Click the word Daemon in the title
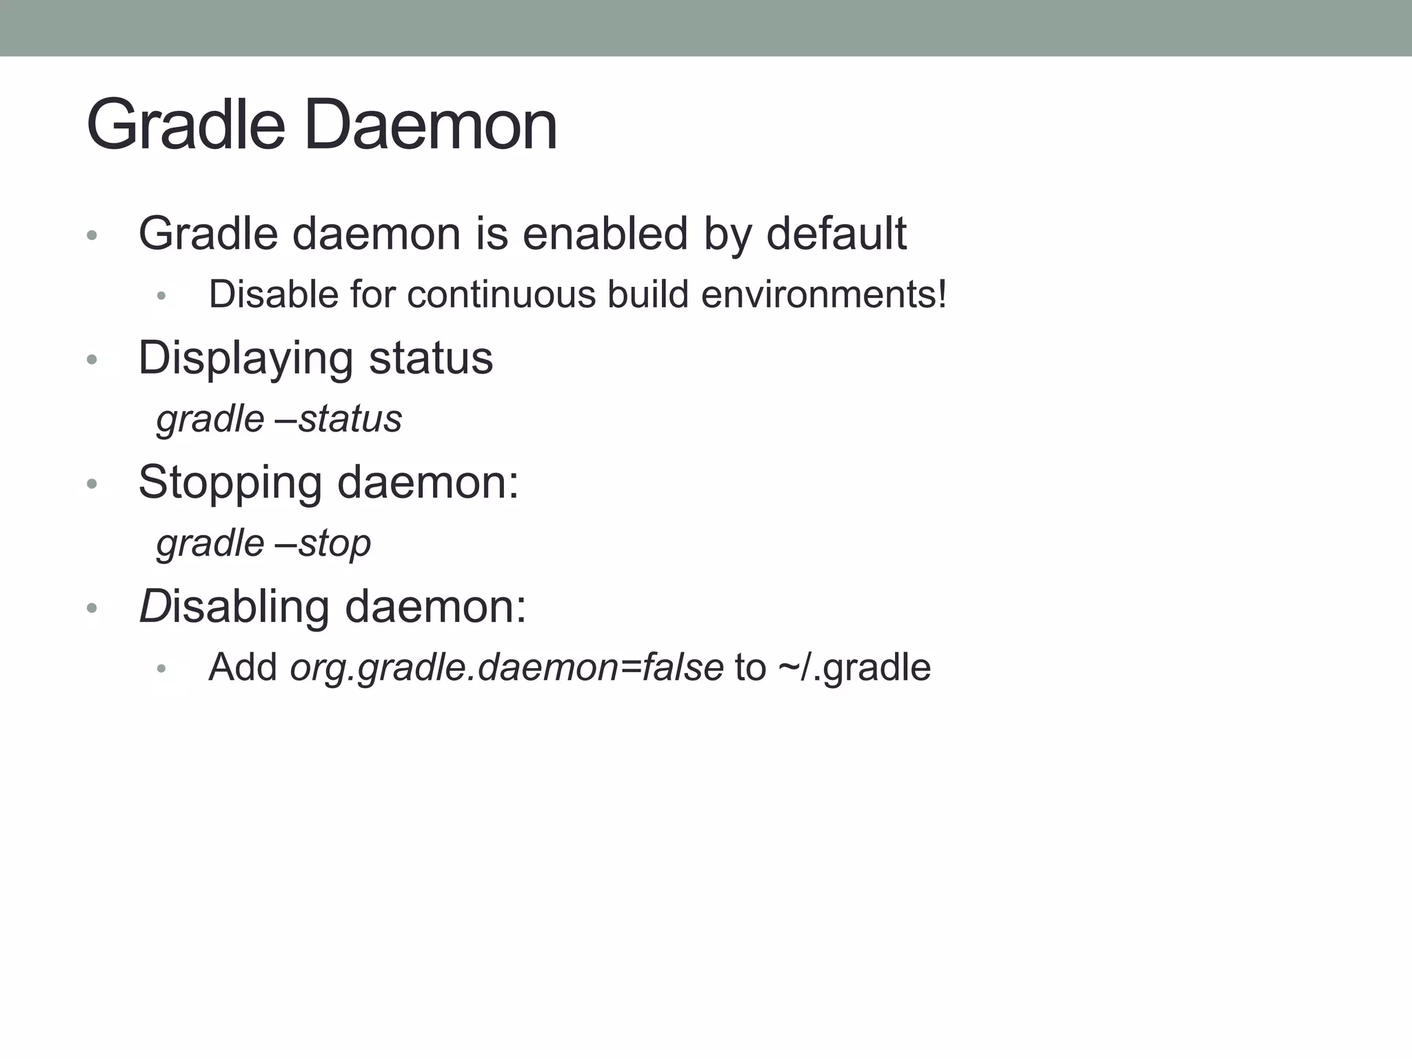[430, 125]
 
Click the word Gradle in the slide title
[185, 125]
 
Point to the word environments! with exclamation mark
[824, 294]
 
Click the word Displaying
[247, 359]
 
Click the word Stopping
[230, 482]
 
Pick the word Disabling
[234, 607]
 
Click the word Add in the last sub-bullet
[243, 667]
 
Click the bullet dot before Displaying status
[92, 360]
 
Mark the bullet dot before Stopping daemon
[92, 484]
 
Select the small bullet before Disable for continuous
[161, 296]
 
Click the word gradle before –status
[210, 419]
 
